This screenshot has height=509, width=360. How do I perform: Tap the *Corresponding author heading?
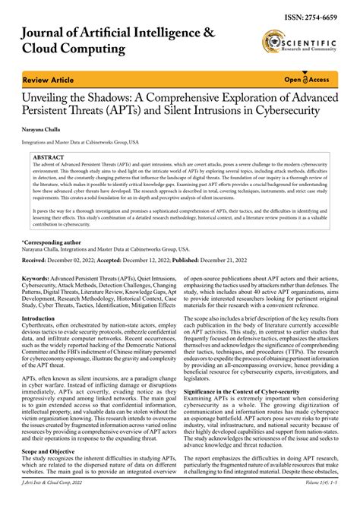54,241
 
